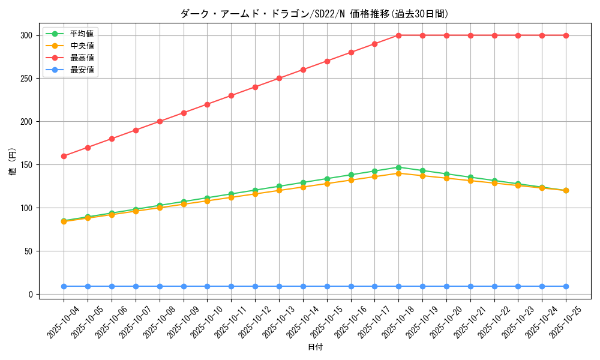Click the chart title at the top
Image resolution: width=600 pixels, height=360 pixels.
tap(314, 14)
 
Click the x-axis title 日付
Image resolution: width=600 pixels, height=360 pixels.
tap(315, 347)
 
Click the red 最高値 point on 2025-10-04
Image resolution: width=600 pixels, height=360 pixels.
tap(64, 156)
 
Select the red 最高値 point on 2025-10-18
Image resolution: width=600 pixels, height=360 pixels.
tap(398, 35)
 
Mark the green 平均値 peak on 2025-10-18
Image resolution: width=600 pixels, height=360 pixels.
tap(398, 167)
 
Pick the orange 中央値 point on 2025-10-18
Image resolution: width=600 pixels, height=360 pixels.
tap(398, 173)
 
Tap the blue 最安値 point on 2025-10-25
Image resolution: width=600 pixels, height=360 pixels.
tap(566, 286)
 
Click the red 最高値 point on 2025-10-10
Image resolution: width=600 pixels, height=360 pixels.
tap(207, 104)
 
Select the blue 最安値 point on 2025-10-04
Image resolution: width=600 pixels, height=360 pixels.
tap(64, 286)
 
